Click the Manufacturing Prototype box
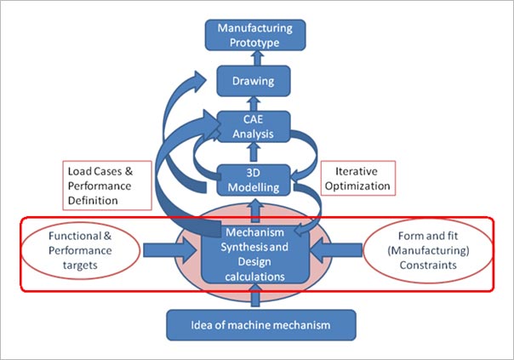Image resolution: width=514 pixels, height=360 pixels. pyautogui.click(x=255, y=35)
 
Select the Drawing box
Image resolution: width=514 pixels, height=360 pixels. pyautogui.click(x=254, y=81)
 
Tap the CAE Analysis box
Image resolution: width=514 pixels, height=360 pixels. pyautogui.click(x=254, y=127)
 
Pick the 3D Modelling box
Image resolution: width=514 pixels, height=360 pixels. pyautogui.click(x=254, y=180)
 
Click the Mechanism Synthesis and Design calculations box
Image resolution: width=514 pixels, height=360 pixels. pyautogui.click(x=255, y=254)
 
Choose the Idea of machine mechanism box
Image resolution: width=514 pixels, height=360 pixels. pyautogui.click(x=261, y=325)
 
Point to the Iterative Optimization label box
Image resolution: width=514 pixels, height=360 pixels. pyautogui.click(x=358, y=179)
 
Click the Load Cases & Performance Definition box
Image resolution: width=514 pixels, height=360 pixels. pyautogui.click(x=107, y=186)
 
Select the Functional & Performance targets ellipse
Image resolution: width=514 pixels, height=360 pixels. pyautogui.click(x=81, y=250)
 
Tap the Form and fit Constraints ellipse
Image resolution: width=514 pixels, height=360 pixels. pyautogui.click(x=428, y=250)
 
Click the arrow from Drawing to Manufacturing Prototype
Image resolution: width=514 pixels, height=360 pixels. pyautogui.click(x=257, y=58)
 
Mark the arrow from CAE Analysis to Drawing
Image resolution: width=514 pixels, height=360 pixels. pyautogui.click(x=254, y=104)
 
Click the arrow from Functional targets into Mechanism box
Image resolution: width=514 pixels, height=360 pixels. pyautogui.click(x=170, y=250)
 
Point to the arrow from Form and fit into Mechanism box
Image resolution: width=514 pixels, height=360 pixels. pyautogui.click(x=336, y=250)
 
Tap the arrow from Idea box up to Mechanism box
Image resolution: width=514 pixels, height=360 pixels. pyautogui.click(x=255, y=295)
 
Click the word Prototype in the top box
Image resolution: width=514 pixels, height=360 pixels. pyautogui.click(x=254, y=43)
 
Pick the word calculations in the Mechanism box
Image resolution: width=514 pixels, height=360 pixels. pyautogui.click(x=254, y=277)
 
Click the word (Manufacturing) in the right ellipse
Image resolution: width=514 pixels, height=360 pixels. pyautogui.click(x=428, y=251)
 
